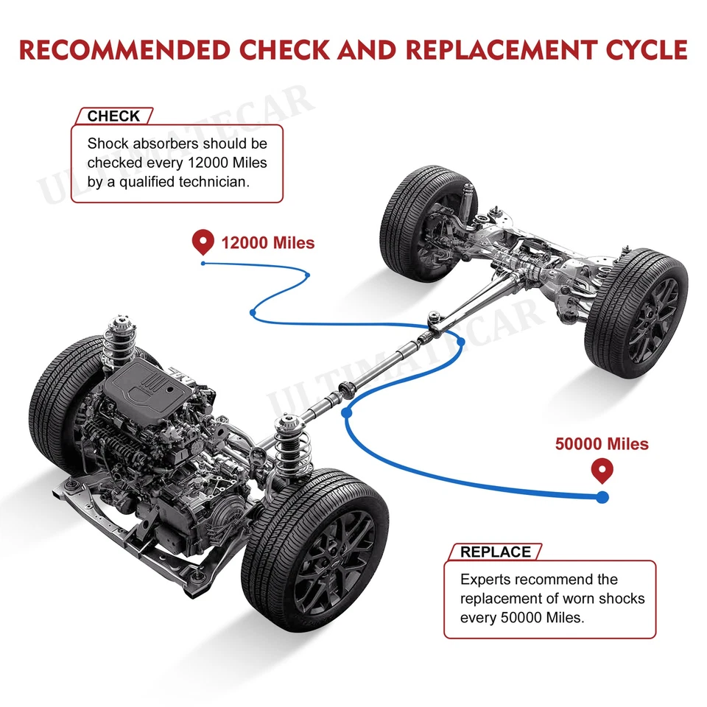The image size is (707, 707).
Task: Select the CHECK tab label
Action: click(x=113, y=116)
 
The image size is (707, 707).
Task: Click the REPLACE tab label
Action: click(x=495, y=552)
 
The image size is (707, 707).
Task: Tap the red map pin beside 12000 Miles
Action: click(x=203, y=242)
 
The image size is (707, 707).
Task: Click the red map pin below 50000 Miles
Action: click(x=602, y=469)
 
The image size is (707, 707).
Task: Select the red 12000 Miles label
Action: click(x=267, y=242)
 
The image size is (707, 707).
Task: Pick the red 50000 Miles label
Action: click(x=602, y=443)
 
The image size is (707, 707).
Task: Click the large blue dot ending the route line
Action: click(x=602, y=497)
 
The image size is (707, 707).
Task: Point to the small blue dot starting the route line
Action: click(x=203, y=263)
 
